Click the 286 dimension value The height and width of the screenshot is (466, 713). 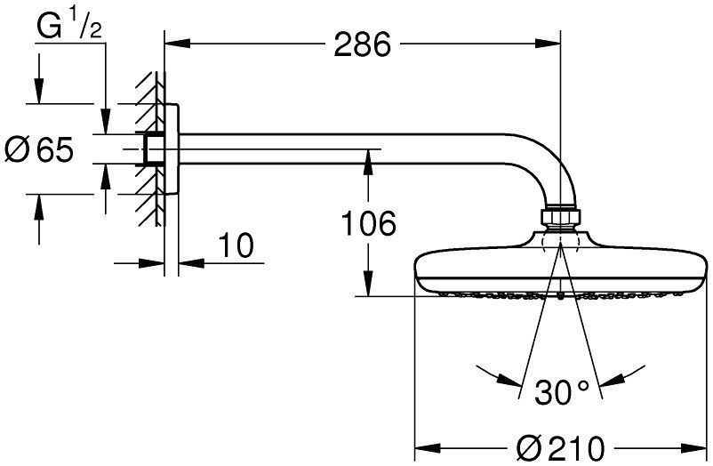coord(363,44)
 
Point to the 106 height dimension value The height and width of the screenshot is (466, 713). coord(369,224)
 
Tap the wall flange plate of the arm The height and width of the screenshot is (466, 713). coord(172,149)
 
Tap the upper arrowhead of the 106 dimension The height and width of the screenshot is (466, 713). coord(365,158)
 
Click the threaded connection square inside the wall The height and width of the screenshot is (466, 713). coord(152,149)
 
